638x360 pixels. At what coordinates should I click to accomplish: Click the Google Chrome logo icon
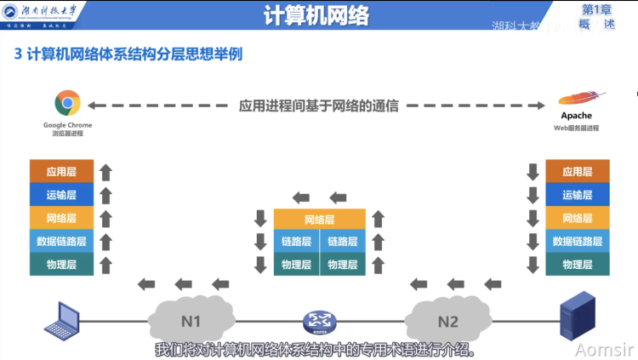68,104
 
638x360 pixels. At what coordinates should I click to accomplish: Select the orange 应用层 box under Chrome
61,171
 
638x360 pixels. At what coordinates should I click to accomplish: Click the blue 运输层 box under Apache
577,195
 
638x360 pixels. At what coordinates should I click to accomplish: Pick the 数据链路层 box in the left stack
61,242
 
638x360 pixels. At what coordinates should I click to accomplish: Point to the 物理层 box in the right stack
577,265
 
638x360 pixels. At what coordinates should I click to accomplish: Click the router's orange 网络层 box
320,220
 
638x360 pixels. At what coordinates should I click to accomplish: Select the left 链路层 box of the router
296,242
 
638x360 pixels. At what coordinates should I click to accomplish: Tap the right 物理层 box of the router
343,265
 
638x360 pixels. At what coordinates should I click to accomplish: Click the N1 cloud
191,321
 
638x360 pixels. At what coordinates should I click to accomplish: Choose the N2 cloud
447,321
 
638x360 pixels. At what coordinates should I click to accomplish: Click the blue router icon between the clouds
320,322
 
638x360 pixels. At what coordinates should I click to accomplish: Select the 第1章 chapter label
597,9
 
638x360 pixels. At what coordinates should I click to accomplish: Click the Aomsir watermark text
603,350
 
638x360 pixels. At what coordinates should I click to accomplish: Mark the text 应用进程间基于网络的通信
318,106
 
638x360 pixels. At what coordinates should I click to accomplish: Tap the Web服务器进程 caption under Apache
576,128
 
